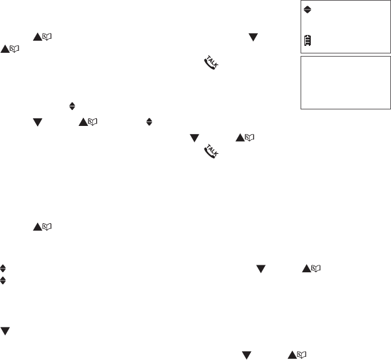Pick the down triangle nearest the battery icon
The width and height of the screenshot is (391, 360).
pos(252,37)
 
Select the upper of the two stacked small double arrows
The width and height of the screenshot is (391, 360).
pos(4,270)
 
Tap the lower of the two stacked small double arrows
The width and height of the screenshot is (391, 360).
pos(4,280)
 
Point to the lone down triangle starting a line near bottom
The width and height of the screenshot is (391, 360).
pos(5,328)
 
